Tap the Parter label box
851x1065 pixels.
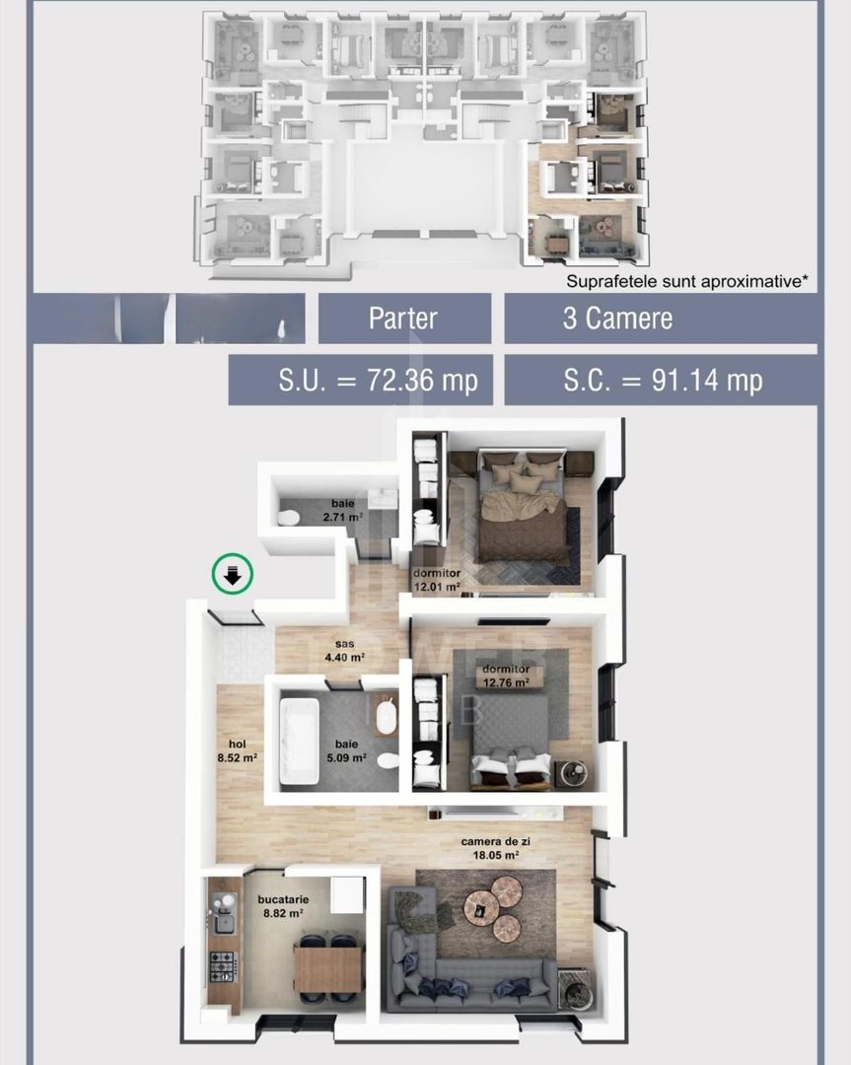403,319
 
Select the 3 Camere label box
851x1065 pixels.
660,319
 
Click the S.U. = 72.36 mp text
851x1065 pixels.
360,380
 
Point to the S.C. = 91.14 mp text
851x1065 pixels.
660,380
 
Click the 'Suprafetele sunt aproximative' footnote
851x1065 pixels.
686,280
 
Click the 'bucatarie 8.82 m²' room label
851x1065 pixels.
280,907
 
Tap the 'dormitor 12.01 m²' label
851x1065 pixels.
436,579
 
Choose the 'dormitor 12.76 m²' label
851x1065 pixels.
505,675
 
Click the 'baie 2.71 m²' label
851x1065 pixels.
342,510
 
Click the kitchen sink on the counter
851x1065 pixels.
224,924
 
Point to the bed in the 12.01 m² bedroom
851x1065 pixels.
522,513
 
